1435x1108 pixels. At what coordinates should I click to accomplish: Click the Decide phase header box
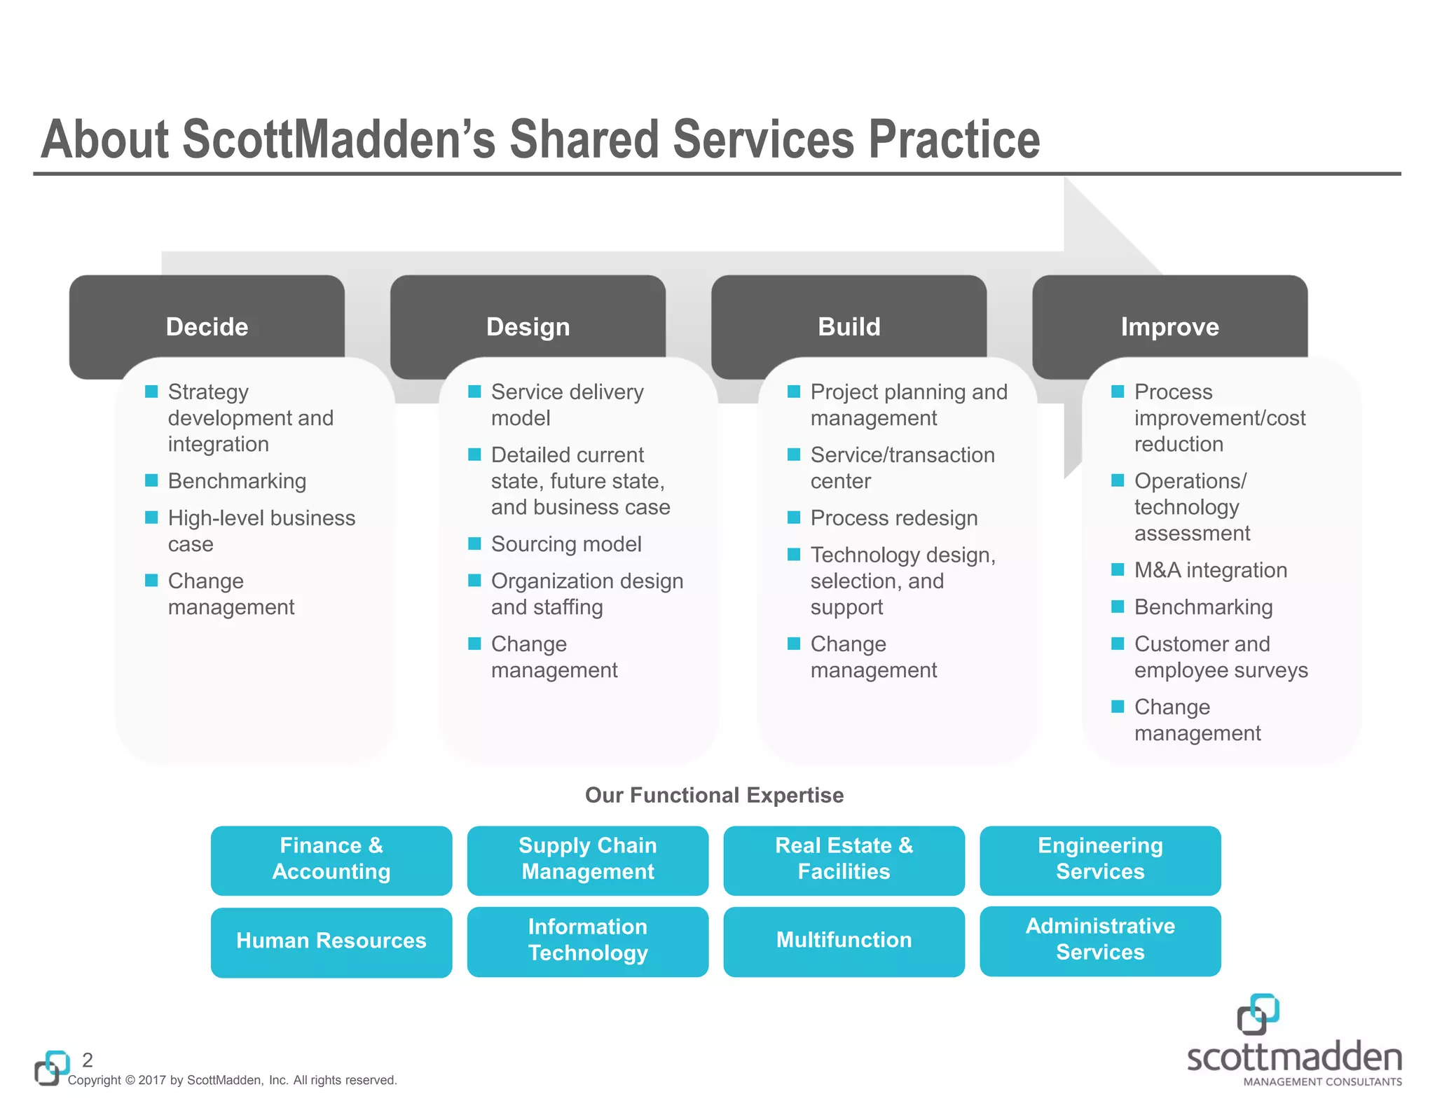(207, 326)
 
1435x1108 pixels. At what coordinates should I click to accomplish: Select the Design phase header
(528, 326)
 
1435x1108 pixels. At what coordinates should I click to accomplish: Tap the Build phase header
(849, 326)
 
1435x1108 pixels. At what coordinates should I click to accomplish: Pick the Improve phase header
(1169, 326)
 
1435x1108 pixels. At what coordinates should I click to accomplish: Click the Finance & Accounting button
(331, 859)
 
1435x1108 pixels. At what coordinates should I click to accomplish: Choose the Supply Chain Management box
(587, 859)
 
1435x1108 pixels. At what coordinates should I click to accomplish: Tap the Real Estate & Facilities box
(844, 859)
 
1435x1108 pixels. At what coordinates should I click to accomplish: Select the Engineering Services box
(1100, 859)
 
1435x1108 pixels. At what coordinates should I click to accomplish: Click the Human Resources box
(331, 941)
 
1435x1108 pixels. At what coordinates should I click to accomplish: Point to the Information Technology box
(587, 941)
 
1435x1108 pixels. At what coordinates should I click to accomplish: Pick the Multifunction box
(844, 941)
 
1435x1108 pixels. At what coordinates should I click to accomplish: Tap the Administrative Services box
(1100, 940)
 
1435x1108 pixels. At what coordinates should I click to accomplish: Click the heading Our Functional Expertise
(714, 795)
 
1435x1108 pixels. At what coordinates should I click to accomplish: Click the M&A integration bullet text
(1210, 570)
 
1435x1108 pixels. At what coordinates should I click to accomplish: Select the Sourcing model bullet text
(566, 544)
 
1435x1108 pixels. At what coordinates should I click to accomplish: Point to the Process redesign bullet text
(893, 518)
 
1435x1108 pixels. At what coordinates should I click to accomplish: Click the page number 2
(88, 1059)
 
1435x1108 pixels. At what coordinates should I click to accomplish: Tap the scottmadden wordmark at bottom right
(1294, 1057)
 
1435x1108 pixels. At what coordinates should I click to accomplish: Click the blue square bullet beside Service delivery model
(474, 392)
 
